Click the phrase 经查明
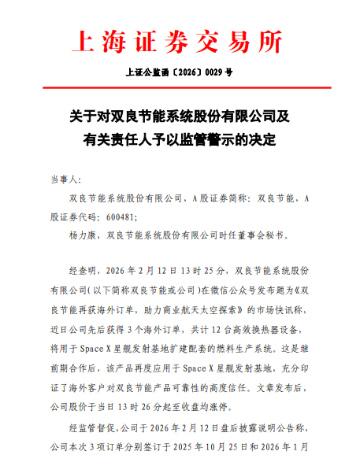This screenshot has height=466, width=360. (x=85, y=269)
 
